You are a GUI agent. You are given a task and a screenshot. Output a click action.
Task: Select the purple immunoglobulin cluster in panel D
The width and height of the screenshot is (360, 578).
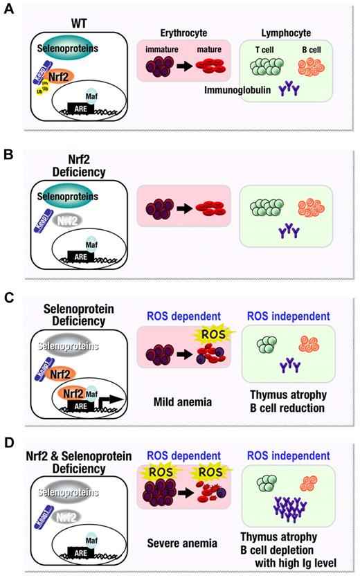pyautogui.click(x=285, y=509)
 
